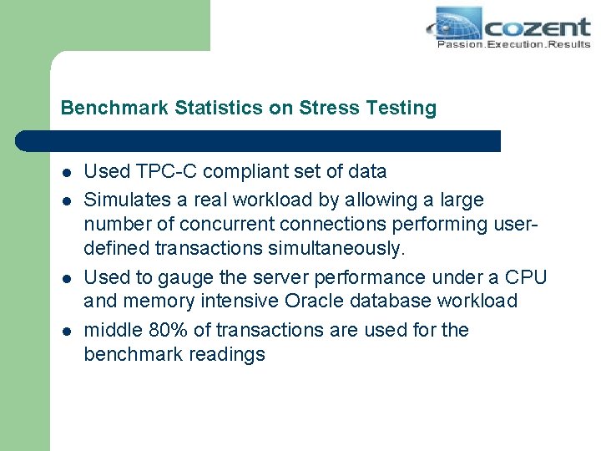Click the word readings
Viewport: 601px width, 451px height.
[230, 355]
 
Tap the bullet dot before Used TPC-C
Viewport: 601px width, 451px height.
[65, 173]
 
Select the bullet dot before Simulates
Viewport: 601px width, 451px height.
[65, 201]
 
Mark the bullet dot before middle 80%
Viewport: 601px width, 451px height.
[65, 332]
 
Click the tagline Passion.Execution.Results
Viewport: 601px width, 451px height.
[513, 43]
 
